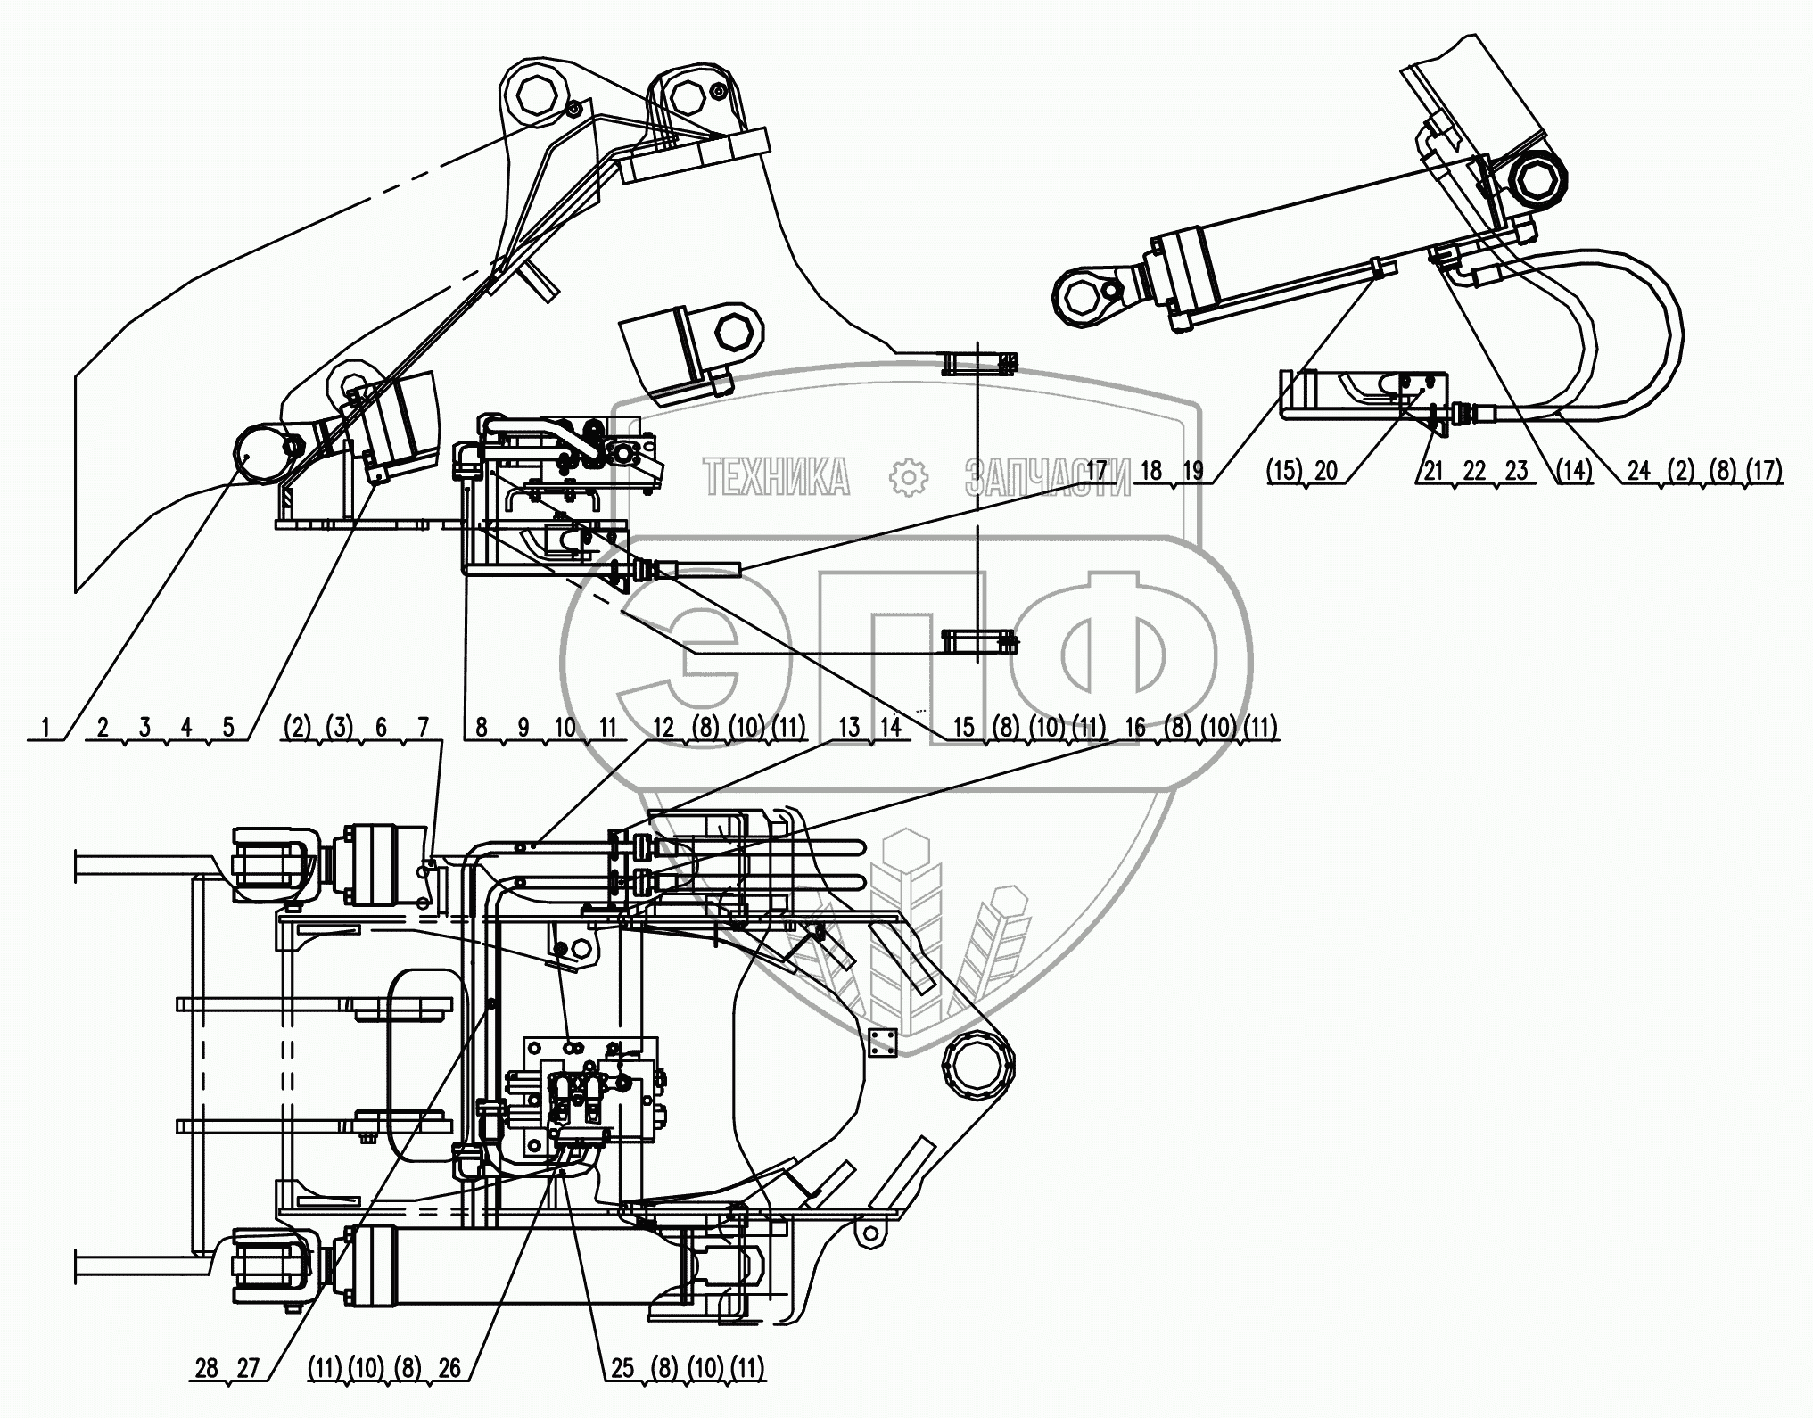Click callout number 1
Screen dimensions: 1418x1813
tap(45, 728)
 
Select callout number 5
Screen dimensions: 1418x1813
tap(228, 728)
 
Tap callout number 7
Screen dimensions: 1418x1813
tap(423, 728)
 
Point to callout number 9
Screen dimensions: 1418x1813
tap(523, 728)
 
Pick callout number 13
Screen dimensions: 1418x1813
tap(849, 728)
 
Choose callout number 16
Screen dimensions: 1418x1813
tap(1134, 728)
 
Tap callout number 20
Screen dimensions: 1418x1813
tap(1325, 470)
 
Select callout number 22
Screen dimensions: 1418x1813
tap(1475, 470)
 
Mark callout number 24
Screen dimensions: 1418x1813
tap(1639, 470)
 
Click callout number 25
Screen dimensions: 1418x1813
tap(622, 1368)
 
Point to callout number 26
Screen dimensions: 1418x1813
tap(449, 1368)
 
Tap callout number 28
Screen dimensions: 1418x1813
tap(206, 1368)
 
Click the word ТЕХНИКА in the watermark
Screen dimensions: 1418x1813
tap(776, 477)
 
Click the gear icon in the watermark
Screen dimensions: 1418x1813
tap(909, 477)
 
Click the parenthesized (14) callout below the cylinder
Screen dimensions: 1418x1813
tap(1573, 470)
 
